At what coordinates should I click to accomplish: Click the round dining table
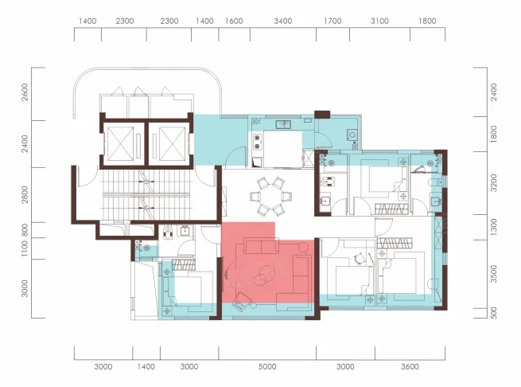(x=271, y=197)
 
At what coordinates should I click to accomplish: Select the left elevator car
(x=121, y=144)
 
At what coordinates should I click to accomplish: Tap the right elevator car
(x=172, y=144)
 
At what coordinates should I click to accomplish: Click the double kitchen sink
(x=282, y=124)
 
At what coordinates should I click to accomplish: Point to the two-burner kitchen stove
(x=258, y=142)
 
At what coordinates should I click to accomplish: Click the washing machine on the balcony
(x=352, y=134)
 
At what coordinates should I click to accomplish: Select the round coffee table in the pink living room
(x=265, y=276)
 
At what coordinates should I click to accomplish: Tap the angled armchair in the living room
(x=242, y=301)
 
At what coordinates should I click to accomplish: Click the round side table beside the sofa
(x=304, y=247)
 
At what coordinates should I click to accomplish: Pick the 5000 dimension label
(x=267, y=367)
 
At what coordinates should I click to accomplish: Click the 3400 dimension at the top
(x=283, y=21)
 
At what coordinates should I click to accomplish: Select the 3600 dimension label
(x=410, y=367)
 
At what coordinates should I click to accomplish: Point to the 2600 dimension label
(x=25, y=92)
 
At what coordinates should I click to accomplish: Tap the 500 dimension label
(x=494, y=313)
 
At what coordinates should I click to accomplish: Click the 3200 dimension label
(x=494, y=182)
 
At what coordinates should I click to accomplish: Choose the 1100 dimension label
(x=25, y=249)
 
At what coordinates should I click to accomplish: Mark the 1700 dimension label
(x=332, y=21)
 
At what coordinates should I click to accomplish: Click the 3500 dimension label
(x=494, y=274)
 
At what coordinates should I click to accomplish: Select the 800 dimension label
(x=25, y=230)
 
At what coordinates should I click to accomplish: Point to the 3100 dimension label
(x=379, y=21)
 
